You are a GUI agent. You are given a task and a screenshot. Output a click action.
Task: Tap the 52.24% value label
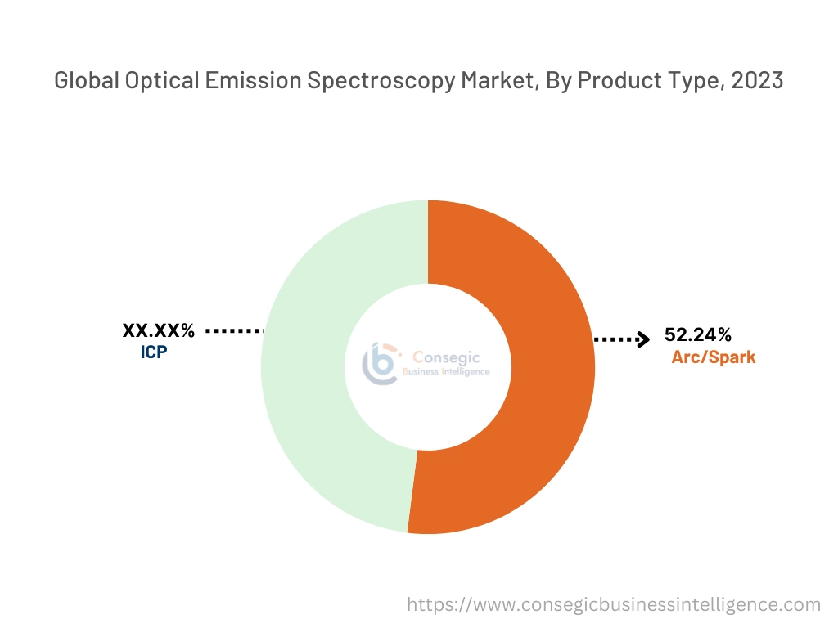698,334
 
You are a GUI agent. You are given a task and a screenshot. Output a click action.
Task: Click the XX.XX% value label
159,330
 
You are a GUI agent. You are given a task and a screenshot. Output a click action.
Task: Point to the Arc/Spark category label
714,357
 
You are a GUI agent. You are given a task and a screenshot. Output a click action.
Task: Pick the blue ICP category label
155,353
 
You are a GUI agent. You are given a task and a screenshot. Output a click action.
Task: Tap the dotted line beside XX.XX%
236,330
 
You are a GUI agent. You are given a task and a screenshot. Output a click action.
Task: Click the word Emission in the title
245,81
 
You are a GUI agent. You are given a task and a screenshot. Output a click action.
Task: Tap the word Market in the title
482,81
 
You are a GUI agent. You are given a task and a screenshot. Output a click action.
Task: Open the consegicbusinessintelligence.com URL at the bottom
614,604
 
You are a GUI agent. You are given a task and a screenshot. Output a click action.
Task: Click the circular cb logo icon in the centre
381,365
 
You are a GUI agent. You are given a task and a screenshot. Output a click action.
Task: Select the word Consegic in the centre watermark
446,357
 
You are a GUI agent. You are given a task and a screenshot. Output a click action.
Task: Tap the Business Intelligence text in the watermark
447,372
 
